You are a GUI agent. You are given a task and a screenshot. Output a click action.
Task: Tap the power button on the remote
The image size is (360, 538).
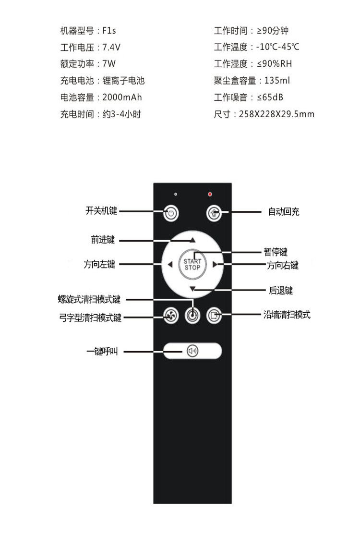pos(171,213)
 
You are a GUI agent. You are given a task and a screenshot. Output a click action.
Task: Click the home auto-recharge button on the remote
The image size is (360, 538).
pos(214,213)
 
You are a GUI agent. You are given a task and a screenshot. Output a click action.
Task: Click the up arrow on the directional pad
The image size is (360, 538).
pos(192,239)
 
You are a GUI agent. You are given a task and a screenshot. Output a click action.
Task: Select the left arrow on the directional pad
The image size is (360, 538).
pos(170,264)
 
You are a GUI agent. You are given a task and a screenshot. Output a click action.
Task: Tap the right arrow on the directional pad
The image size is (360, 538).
pos(215,264)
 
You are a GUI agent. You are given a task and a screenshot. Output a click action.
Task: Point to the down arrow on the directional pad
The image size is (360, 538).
pos(192,289)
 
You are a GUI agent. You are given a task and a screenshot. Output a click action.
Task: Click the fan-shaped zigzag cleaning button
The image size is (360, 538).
pos(170,316)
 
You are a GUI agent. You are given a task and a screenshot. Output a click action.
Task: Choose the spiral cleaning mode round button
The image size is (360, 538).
pos(192,316)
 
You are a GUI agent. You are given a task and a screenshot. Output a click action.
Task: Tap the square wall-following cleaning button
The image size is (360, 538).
pos(214,316)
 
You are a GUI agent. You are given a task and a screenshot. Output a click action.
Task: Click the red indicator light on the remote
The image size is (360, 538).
pos(210,194)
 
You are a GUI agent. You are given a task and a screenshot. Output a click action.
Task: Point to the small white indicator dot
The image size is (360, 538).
pos(176,194)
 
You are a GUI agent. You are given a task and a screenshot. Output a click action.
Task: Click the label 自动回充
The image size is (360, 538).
pos(283,212)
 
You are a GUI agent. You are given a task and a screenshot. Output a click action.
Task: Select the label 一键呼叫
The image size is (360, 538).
pos(102,352)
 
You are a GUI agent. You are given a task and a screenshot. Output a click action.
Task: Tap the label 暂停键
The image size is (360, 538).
pos(276,252)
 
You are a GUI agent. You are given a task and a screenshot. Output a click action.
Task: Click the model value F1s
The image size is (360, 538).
pos(109,31)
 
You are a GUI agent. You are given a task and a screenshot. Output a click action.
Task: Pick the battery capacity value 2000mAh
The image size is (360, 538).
pos(122,98)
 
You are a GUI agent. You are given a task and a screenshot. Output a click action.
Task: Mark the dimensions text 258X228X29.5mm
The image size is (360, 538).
pos(276,114)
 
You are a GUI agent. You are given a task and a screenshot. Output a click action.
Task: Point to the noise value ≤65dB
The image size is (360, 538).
pos(270,98)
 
